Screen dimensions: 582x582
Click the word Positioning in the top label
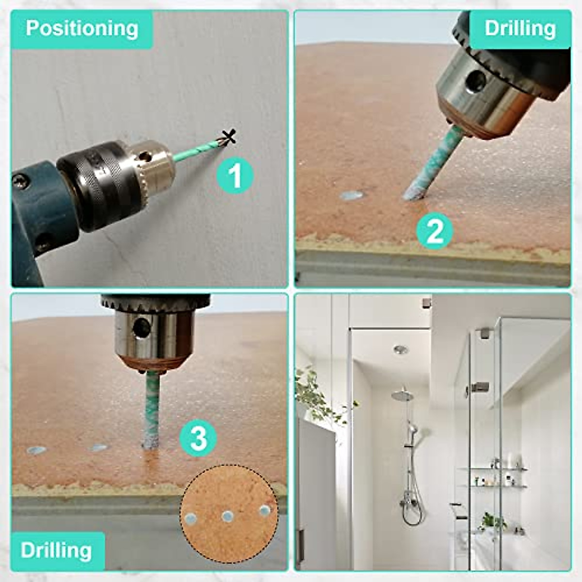pyautogui.click(x=82, y=28)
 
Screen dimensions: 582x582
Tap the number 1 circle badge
pyautogui.click(x=235, y=175)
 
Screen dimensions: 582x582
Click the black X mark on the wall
pyautogui.click(x=229, y=137)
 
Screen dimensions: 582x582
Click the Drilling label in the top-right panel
pyautogui.click(x=520, y=29)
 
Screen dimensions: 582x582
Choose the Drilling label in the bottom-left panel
pyautogui.click(x=57, y=550)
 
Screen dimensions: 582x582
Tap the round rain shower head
pyautogui.click(x=403, y=395)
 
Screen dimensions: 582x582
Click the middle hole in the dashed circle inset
pyautogui.click(x=228, y=516)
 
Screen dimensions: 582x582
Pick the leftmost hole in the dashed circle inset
pyautogui.click(x=191, y=518)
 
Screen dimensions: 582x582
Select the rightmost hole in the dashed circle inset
pyautogui.click(x=264, y=510)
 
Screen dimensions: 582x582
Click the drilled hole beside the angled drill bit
pyautogui.click(x=351, y=195)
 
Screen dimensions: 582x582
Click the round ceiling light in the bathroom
pyautogui.click(x=401, y=349)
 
